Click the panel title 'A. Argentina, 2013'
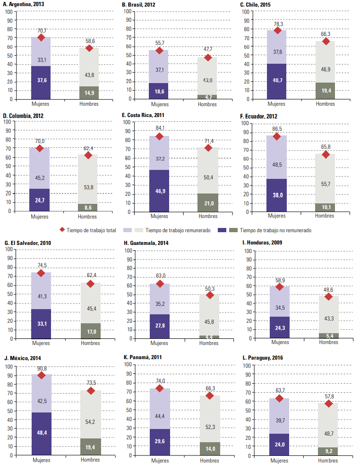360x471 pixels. point(25,4)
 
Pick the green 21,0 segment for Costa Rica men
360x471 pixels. point(208,202)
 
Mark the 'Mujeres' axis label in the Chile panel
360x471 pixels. point(277,104)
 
